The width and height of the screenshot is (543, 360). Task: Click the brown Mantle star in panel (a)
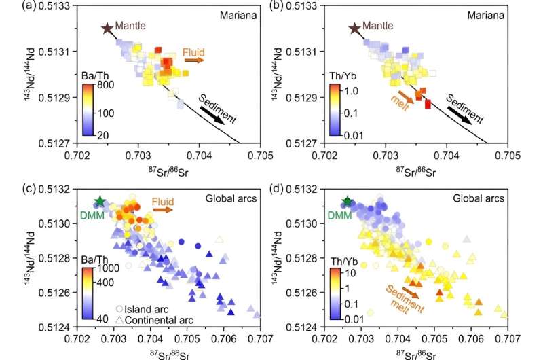(106, 29)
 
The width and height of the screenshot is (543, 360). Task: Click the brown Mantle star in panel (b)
(354, 29)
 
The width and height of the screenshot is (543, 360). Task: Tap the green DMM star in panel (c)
(100, 201)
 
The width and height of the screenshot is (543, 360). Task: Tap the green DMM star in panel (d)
(348, 201)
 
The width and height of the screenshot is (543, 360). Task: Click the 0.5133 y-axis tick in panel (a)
(58, 5)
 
